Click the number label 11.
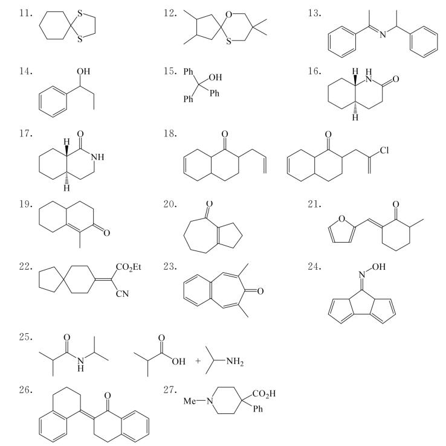pos(25,13)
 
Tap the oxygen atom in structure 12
pos(228,14)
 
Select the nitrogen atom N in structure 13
pos(383,34)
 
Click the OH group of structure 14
pos(83,71)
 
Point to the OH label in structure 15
pos(215,77)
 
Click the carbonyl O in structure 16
pos(396,79)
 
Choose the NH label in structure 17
pos(98,157)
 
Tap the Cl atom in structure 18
pos(384,150)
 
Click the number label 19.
pos(25,205)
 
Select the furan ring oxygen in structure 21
pos(342,218)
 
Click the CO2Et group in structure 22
pos(129,267)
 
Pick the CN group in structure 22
pos(123,293)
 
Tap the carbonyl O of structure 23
pos(260,291)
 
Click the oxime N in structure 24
pos(362,275)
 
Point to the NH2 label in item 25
pos(235,362)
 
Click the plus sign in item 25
pos(198,361)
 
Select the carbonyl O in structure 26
pos(108,396)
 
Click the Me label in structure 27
pos(190,401)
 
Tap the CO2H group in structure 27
pos(264,394)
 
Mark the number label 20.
pos(170,205)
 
